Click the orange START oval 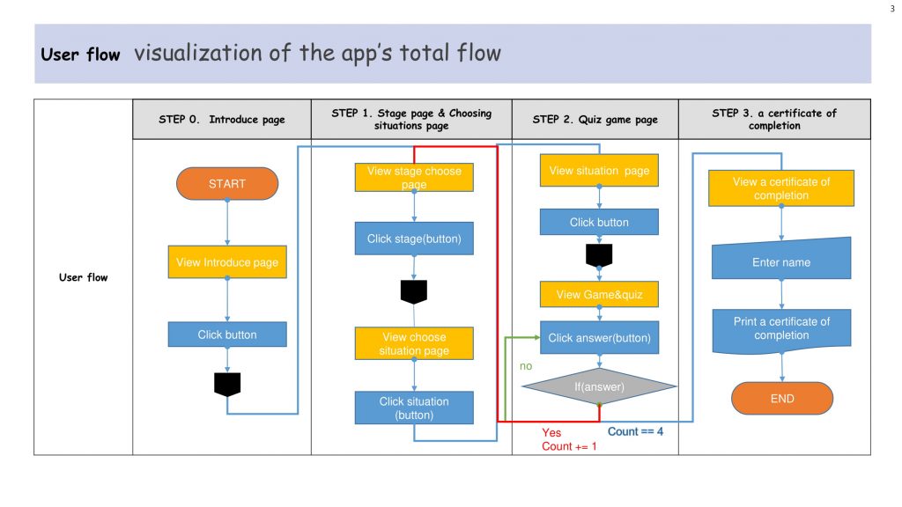click(227, 184)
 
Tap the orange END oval click(782, 399)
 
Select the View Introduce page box click(227, 262)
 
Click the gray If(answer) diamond click(599, 386)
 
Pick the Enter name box click(781, 260)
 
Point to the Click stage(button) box click(414, 239)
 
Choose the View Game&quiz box click(599, 294)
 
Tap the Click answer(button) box click(599, 337)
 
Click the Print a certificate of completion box click(781, 331)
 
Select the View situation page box click(599, 170)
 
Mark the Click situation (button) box click(414, 408)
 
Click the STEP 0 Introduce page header click(222, 120)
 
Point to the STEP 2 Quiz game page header click(595, 120)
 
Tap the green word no click(526, 366)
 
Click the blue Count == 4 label click(635, 431)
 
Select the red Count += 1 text click(569, 446)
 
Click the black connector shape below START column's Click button click(227, 385)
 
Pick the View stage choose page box click(414, 178)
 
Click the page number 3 click(892, 9)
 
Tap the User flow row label click(84, 277)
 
